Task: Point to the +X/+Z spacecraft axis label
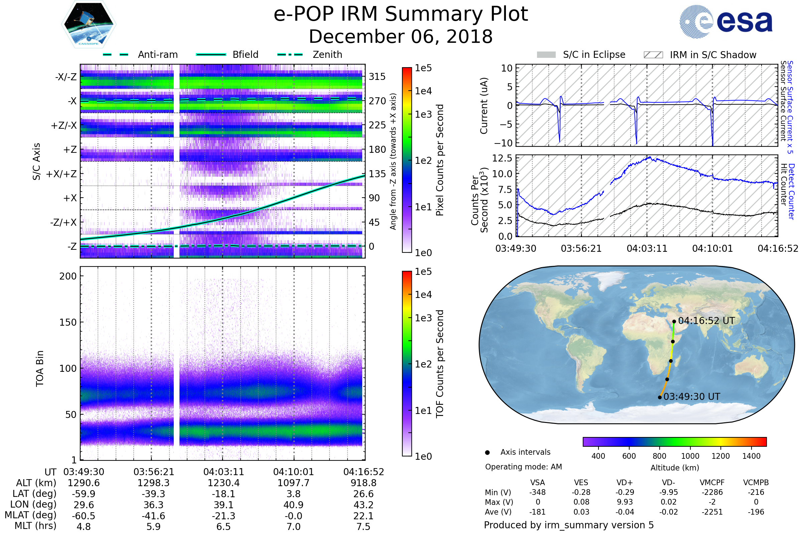tap(61, 174)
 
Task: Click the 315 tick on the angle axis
tap(377, 77)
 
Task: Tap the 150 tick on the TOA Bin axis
tap(68, 322)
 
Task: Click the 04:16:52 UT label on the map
tap(706, 321)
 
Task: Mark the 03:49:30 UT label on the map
tap(691, 397)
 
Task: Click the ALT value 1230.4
tap(223, 483)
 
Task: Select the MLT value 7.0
tap(293, 526)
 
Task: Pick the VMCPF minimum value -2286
tap(712, 492)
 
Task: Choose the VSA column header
tap(537, 483)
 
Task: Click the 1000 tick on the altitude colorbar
tap(690, 456)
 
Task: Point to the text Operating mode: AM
tap(523, 467)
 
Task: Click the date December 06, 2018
tap(401, 36)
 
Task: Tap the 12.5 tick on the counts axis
tap(502, 158)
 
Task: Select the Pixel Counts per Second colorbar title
tap(440, 160)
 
